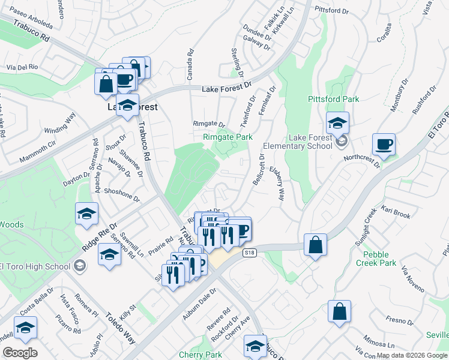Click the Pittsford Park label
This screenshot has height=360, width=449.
pyautogui.click(x=333, y=99)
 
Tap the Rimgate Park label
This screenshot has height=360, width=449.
pyautogui.click(x=227, y=137)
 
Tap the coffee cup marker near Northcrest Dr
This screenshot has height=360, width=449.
pyautogui.click(x=384, y=145)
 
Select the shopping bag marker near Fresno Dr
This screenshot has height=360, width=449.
pyautogui.click(x=339, y=312)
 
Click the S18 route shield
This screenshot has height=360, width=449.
pyautogui.click(x=250, y=253)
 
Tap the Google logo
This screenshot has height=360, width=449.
pyautogui.click(x=20, y=352)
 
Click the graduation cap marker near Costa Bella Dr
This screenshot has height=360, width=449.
pyautogui.click(x=25, y=328)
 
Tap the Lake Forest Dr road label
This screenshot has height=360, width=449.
pyautogui.click(x=226, y=88)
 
